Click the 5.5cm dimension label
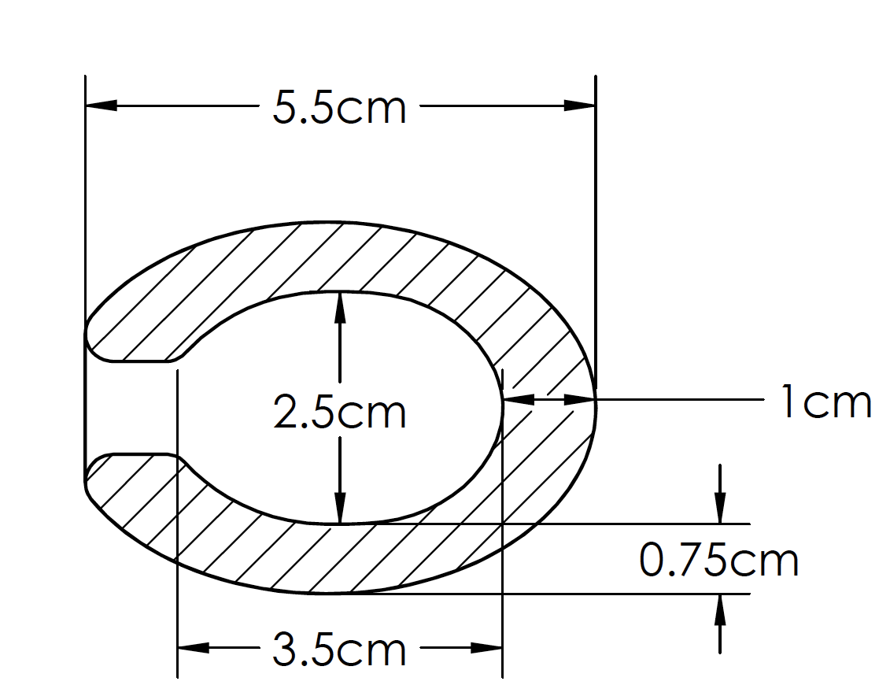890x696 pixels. tap(339, 108)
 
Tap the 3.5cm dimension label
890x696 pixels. tap(339, 650)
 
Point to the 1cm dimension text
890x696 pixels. tap(825, 402)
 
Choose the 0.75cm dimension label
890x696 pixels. tap(718, 560)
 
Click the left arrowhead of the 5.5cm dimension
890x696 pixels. tap(101, 106)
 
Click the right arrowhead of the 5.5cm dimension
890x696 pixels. tap(580, 106)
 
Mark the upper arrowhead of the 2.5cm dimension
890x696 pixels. tap(340, 307)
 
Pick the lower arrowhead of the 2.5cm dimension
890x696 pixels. tap(340, 508)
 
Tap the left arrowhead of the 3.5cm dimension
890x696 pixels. tap(194, 648)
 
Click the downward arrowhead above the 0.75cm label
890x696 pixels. tap(719, 509)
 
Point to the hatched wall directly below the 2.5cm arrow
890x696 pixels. tap(340, 558)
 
